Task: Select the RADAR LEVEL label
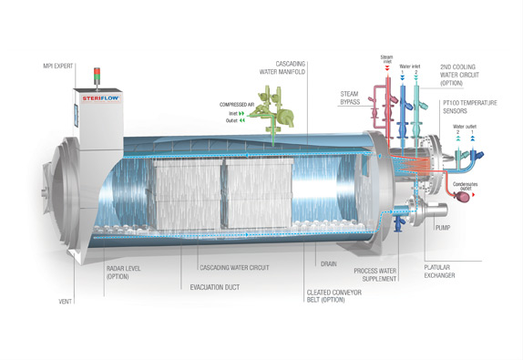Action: pos(119,273)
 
